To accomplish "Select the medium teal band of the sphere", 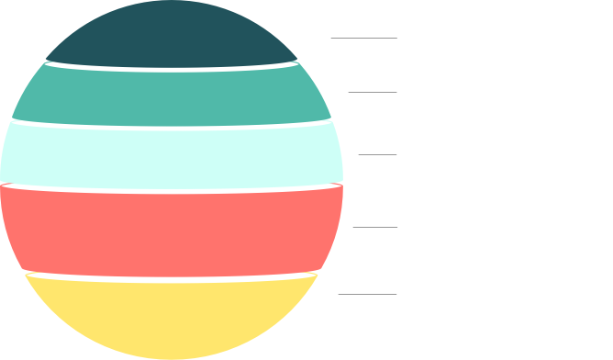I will [171, 96].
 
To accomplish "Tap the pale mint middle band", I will [171, 155].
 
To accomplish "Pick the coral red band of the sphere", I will [171, 229].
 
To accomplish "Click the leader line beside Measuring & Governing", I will [362, 39].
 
